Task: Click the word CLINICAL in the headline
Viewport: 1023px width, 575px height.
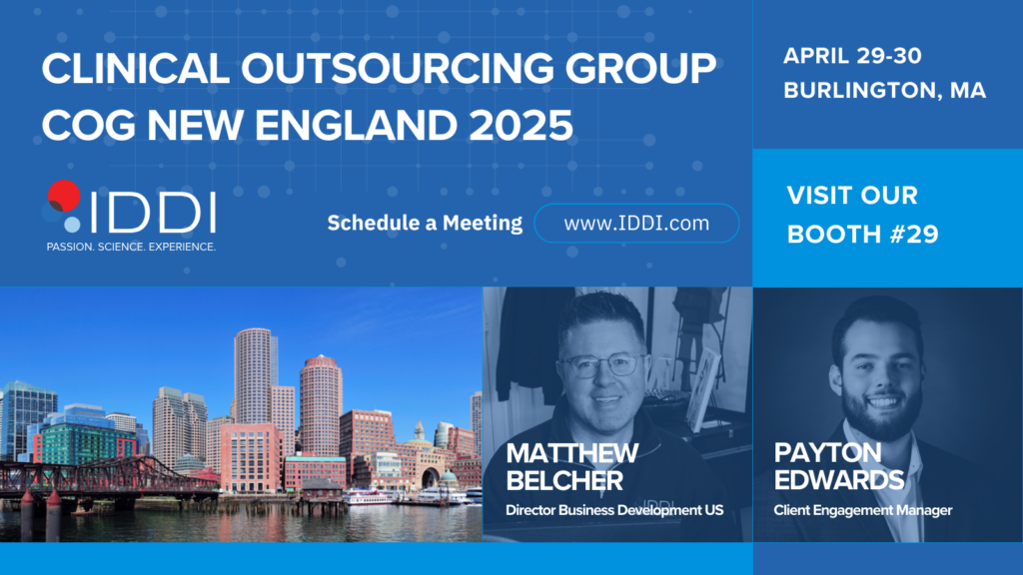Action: (x=136, y=68)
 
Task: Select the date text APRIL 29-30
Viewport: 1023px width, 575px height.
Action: (x=852, y=56)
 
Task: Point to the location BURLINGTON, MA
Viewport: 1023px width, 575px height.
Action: (x=885, y=90)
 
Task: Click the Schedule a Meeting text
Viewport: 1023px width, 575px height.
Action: (x=425, y=223)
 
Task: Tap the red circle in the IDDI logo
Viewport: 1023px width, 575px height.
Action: (x=64, y=196)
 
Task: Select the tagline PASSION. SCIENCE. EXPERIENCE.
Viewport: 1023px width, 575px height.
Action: (x=131, y=248)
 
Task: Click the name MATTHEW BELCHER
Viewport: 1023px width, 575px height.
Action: (x=572, y=467)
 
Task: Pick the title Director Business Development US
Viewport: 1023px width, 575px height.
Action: (x=614, y=510)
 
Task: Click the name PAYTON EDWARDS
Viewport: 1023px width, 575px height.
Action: (x=839, y=466)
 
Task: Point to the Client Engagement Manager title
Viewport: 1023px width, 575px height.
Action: (x=863, y=510)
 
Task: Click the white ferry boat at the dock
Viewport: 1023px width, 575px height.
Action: (x=370, y=497)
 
